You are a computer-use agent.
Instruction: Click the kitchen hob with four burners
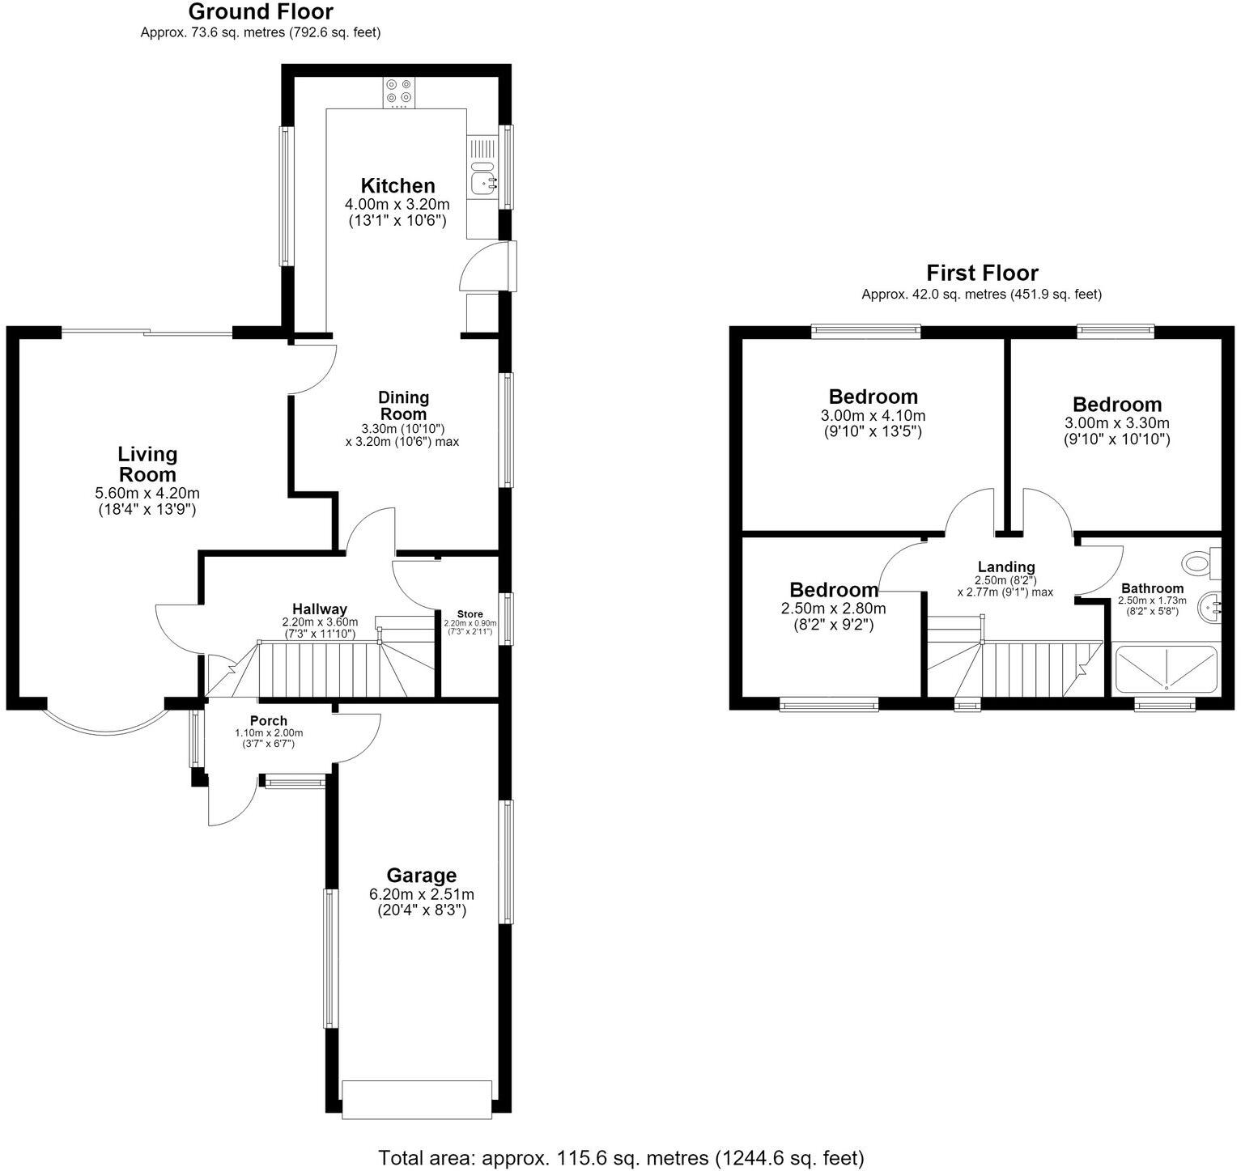398,93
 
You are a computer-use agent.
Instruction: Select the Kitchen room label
397,185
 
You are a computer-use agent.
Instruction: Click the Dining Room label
403,405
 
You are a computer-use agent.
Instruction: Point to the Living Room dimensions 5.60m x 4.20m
147,493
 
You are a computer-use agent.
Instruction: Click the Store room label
470,614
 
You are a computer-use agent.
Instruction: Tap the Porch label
268,721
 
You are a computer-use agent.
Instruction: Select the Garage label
421,875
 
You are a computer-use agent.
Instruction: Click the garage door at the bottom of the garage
417,1100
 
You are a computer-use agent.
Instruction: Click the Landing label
1005,567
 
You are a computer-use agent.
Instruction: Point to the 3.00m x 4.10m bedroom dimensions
873,416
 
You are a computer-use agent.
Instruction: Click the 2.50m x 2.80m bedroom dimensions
833,609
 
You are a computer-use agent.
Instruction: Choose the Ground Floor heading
260,12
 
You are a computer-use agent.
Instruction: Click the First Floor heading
982,273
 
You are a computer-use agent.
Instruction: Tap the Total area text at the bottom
621,1157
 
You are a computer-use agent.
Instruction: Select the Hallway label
320,609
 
